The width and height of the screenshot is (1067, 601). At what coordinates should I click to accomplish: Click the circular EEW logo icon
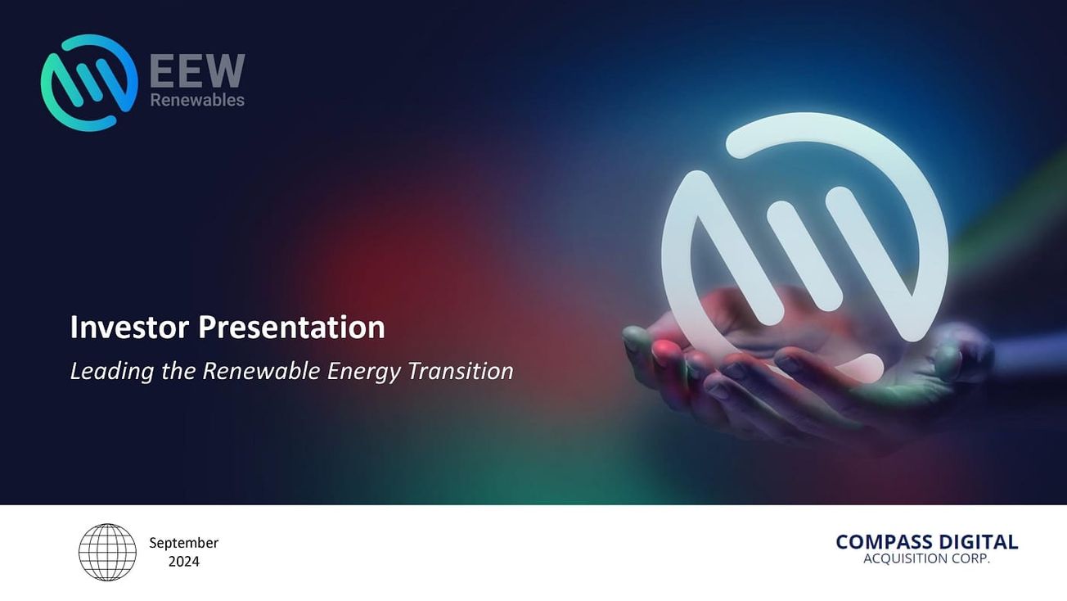tap(89, 83)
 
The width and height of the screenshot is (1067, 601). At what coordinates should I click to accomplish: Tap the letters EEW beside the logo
tap(197, 71)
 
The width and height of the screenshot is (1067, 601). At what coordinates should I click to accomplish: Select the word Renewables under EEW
tap(197, 100)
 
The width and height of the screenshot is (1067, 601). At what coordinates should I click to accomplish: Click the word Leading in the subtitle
tap(101, 372)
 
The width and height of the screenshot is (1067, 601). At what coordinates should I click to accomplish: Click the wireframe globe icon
tap(107, 552)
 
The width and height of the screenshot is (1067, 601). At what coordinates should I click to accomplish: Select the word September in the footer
tap(184, 543)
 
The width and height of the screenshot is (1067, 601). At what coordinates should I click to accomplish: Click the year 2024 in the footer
tap(184, 562)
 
